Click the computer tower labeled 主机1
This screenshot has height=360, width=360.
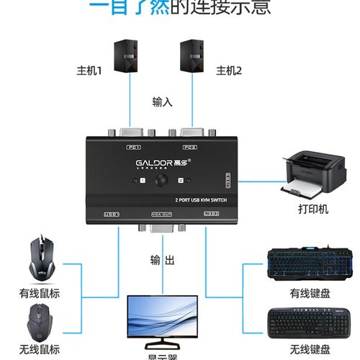point(128,55)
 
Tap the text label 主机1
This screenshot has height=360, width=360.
point(90,71)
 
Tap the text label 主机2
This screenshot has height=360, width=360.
point(230,71)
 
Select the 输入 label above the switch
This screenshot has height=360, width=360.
point(162,102)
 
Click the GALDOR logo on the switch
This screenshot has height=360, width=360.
point(153,163)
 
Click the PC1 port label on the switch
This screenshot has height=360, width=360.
point(133,148)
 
